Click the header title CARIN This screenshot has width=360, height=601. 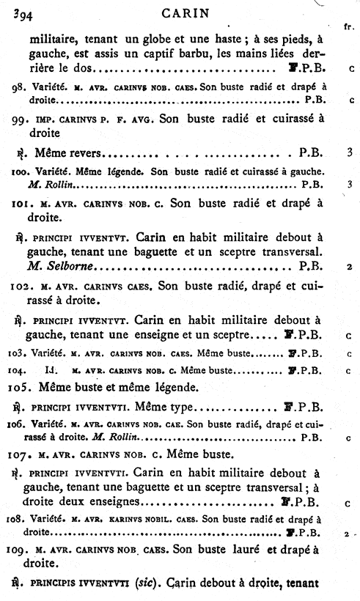click(180, 12)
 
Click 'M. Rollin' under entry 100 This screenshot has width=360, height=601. click(45, 184)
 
